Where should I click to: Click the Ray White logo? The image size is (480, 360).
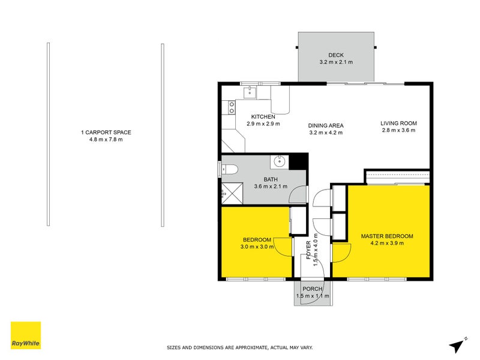coord(26,335)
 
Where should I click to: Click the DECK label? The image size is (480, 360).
coord(335,55)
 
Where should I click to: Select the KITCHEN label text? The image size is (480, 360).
coord(263,116)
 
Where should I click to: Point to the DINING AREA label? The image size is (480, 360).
coord(326,125)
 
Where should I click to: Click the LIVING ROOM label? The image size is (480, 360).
coord(398,124)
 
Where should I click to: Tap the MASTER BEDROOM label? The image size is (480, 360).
coord(386,236)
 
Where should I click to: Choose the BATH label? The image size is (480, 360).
coord(271,179)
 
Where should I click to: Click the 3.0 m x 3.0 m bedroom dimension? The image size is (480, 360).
coord(257,246)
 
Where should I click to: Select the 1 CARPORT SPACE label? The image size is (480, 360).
coord(106,133)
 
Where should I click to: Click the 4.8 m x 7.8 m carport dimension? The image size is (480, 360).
coord(106,140)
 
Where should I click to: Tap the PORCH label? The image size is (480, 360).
coord(312,289)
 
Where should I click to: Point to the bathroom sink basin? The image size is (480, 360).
coord(280,161)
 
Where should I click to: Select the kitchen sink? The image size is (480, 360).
coord(252,92)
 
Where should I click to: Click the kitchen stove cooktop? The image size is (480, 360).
coord(230,107)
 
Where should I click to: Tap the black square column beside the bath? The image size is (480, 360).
coord(298,161)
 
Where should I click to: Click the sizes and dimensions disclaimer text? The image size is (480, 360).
coord(239,347)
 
